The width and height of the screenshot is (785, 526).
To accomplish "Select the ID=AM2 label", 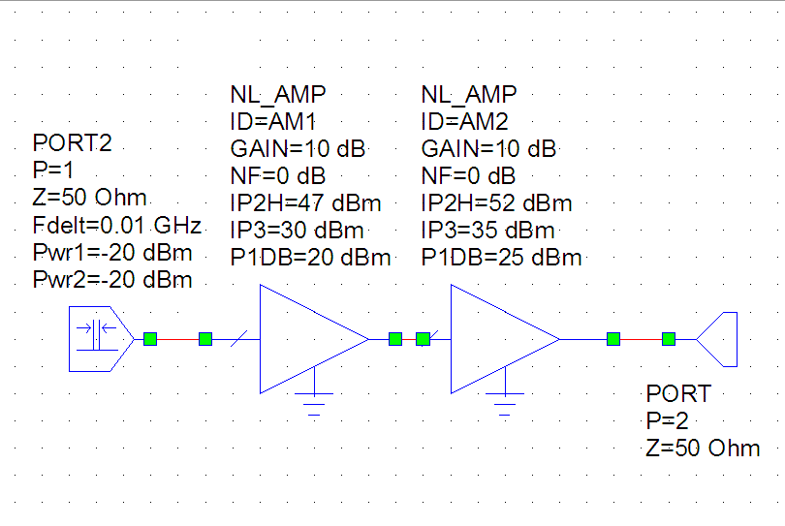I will coord(465,121).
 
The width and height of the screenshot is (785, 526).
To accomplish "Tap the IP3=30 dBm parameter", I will coord(297,231).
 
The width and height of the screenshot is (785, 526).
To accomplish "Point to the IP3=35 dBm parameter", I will coord(488,231).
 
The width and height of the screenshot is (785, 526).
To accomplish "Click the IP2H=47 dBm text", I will coord(305,203).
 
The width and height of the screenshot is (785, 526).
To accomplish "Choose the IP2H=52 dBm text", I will coord(497,203).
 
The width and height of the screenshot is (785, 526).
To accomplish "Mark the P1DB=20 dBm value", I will coord(310,258).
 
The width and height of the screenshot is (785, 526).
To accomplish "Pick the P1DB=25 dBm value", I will coord(502,258).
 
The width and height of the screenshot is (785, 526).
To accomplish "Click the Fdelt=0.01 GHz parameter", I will coord(117,227).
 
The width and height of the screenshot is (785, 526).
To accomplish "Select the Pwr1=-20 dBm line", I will coord(112,254).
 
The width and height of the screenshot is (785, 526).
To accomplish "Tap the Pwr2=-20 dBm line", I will coord(112,281).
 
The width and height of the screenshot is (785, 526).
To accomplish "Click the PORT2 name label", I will coord(73,143).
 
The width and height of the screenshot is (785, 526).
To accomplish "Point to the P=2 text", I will coord(668,421).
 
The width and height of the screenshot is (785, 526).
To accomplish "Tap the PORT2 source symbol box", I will coord(94,338).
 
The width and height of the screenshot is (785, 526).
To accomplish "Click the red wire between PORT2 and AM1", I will coord(177,339).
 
